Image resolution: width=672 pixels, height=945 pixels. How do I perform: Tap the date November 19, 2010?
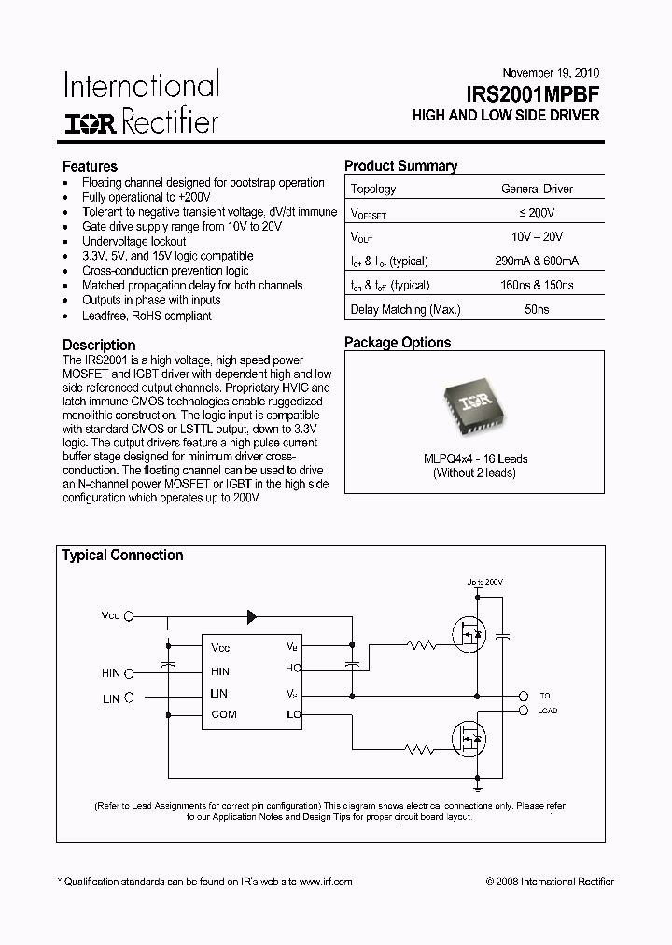551,72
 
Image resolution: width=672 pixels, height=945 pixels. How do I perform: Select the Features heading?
90,166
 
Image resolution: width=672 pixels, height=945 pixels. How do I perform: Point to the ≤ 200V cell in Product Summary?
537,213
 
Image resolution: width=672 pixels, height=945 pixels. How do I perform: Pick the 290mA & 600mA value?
537,261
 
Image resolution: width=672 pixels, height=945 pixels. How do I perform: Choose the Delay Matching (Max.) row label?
405,310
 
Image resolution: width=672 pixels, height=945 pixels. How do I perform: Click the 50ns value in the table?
537,310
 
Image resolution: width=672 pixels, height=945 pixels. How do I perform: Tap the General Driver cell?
537,189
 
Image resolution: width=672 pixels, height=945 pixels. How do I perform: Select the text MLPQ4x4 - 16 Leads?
474,458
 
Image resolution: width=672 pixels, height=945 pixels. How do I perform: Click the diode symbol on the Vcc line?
251,616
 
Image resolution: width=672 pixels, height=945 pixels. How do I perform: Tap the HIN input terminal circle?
129,672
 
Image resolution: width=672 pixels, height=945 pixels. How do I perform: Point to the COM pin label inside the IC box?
224,714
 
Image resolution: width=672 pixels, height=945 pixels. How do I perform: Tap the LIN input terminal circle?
129,697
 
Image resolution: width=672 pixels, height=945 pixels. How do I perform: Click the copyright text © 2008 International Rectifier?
550,882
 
